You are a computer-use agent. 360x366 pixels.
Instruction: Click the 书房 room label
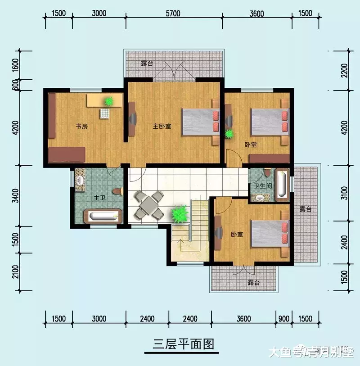coord(81,127)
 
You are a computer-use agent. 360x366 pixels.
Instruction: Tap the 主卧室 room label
coord(162,127)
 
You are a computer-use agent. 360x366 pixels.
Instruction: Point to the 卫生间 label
coord(261,185)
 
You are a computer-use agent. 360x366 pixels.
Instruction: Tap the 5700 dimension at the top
coord(172,13)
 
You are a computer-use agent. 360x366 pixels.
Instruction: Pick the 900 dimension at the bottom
coord(284,319)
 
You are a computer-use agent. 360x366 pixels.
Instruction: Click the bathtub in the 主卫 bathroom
coord(104,216)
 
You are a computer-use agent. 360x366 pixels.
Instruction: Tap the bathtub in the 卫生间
coord(282,184)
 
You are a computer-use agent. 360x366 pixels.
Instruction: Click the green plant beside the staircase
coord(180,213)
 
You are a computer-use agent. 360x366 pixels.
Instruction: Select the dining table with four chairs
coord(148,205)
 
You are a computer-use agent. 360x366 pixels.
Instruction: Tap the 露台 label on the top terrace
coord(147,63)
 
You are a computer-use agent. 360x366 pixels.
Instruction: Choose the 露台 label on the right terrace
coord(306,209)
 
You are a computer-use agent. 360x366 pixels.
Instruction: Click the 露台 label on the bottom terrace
coord(254,283)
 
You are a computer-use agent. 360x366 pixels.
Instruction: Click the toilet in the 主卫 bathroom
coord(118,192)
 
